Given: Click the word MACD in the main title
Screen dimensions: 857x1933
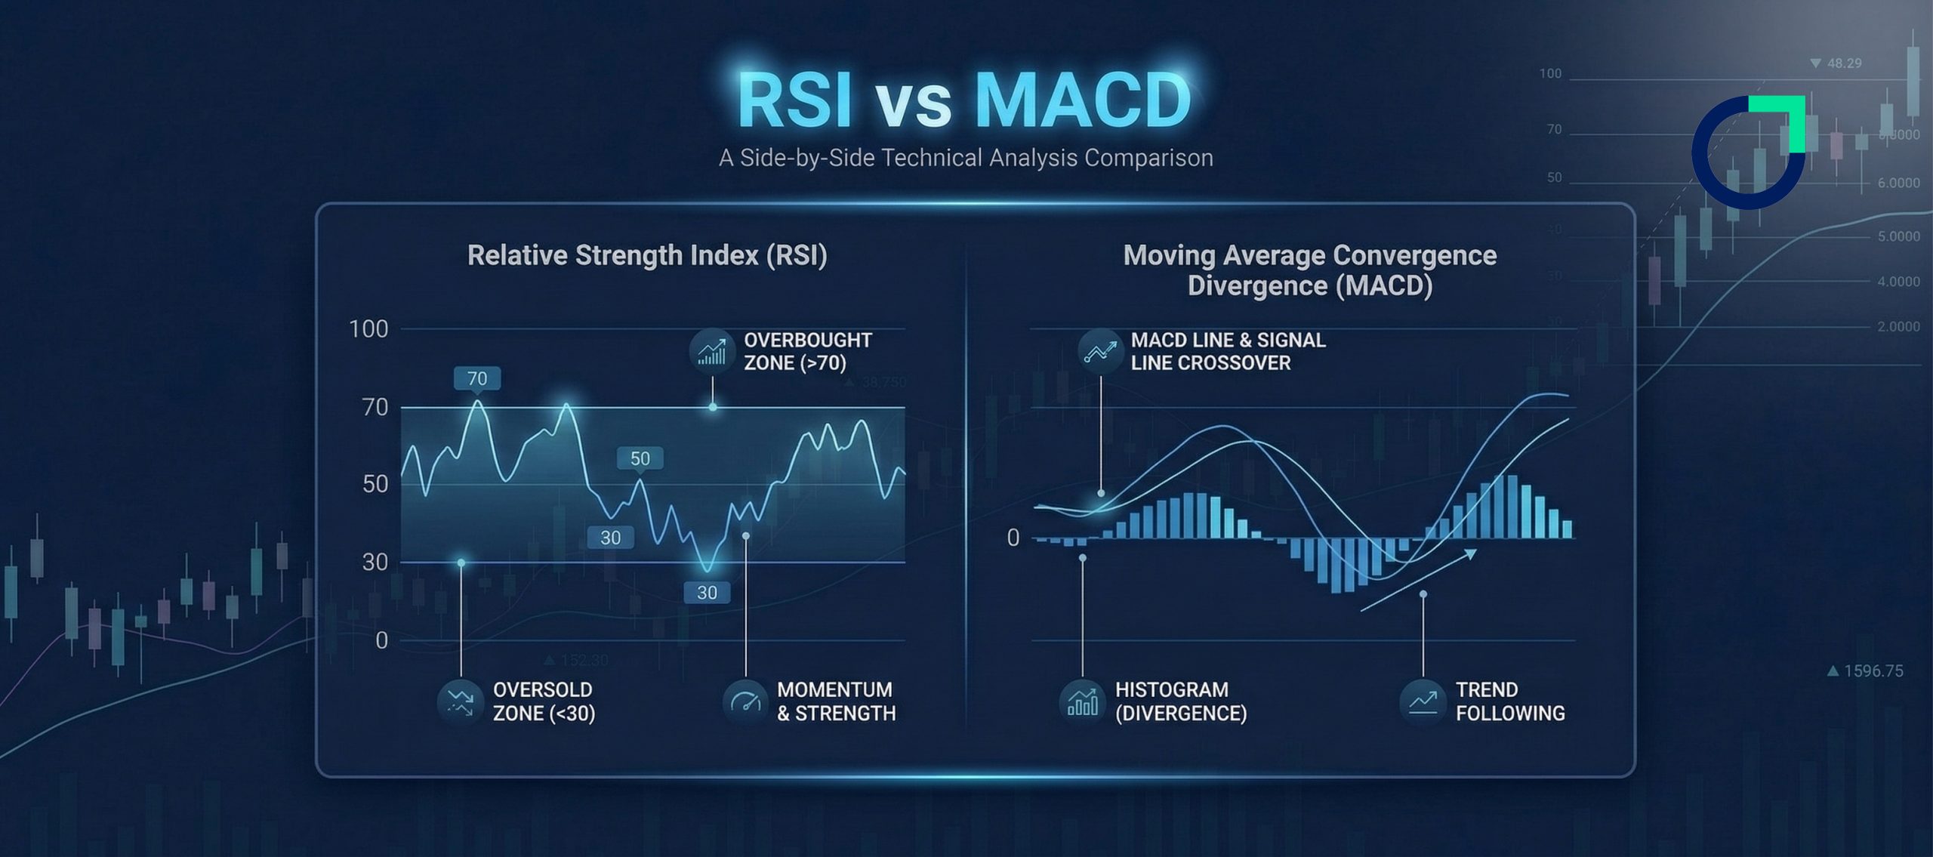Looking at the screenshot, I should click(1084, 100).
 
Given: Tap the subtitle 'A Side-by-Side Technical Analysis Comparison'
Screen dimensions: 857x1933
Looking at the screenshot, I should click(966, 158).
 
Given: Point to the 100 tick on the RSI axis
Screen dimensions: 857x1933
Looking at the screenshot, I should click(368, 329).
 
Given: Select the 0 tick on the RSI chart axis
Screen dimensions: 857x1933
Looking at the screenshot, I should click(382, 640).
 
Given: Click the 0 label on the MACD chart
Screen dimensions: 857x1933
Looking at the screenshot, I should click(1013, 538).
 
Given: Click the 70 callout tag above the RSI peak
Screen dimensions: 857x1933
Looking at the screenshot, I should click(477, 378).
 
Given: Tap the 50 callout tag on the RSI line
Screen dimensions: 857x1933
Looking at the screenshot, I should click(640, 458).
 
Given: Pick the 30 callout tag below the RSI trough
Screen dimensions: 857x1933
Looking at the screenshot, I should click(707, 593).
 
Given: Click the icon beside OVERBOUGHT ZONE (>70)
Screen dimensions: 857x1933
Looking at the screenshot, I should click(712, 351).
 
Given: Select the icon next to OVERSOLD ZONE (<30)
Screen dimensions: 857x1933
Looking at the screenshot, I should click(460, 701).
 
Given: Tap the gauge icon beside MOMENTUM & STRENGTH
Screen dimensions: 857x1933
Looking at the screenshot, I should click(745, 701).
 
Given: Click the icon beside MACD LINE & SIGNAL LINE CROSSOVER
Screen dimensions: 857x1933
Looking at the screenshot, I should click(1100, 351).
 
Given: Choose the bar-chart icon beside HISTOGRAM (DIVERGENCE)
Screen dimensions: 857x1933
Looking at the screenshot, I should click(1082, 701).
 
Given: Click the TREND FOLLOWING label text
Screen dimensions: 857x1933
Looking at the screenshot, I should click(1509, 701).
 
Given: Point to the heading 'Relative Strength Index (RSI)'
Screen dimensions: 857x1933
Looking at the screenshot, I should click(647, 255).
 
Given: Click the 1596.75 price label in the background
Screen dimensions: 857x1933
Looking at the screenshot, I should click(1873, 671).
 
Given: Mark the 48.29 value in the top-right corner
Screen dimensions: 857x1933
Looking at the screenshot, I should click(1843, 63).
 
